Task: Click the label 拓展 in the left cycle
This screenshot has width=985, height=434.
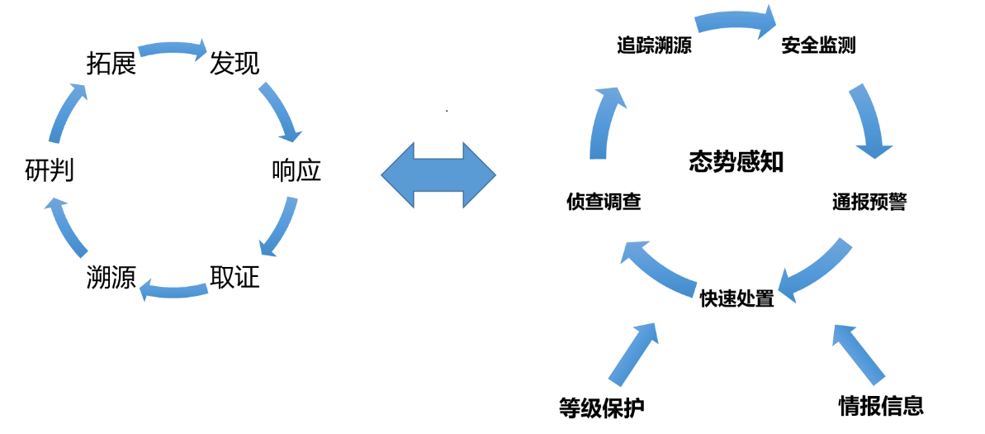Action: pos(111,64)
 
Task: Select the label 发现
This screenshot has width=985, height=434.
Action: pos(234,64)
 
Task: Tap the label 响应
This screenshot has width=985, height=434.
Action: pos(296,171)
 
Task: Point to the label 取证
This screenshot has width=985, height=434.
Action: pos(234,277)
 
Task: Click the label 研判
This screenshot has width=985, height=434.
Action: pos(50,171)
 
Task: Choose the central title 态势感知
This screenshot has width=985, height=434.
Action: pos(736,162)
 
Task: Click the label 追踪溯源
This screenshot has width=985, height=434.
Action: pos(654,45)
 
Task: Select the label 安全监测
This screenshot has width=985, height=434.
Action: pos(818,45)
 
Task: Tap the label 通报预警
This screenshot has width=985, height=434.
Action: pos(869,203)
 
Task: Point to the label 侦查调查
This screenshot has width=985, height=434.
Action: pos(604,203)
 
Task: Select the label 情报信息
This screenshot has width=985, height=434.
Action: pos(881,405)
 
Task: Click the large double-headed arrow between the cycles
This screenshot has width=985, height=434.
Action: pos(438,174)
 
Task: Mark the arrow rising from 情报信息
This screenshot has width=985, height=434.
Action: pos(860,354)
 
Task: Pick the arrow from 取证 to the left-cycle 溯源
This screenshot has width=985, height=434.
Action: pos(174,289)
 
